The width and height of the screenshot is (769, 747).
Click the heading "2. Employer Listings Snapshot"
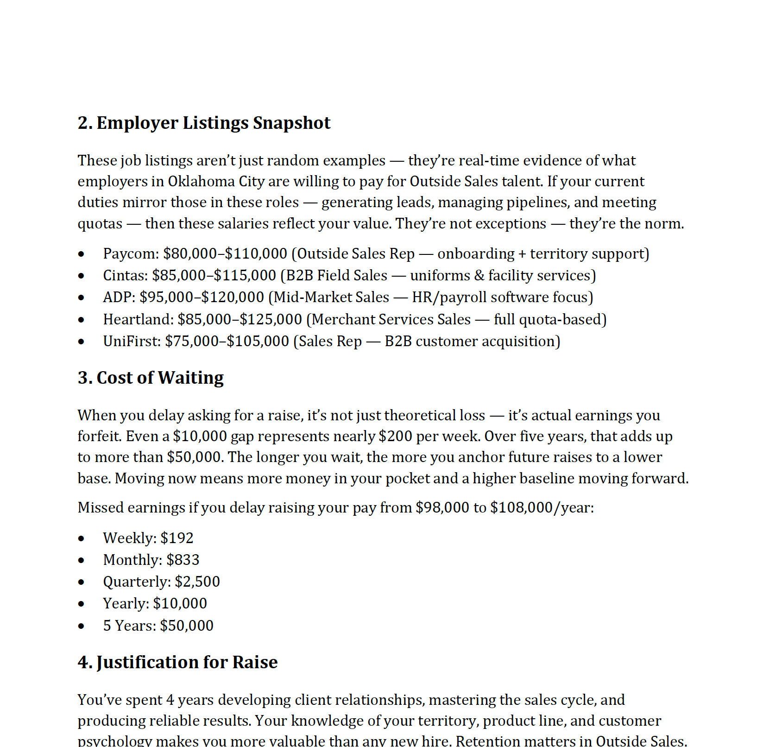pyautogui.click(x=204, y=123)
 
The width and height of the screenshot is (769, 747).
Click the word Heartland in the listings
pyautogui.click(x=138, y=319)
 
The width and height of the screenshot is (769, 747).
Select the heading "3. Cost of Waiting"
pyautogui.click(x=151, y=378)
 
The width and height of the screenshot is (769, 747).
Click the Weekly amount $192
pyautogui.click(x=177, y=538)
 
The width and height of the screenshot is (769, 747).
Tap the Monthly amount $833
pyautogui.click(x=183, y=560)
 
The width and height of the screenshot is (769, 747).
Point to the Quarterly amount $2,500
pyautogui.click(x=197, y=582)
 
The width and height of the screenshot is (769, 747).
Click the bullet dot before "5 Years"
pyautogui.click(x=82, y=626)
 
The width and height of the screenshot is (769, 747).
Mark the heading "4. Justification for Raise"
pyautogui.click(x=177, y=662)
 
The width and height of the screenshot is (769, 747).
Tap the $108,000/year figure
pyautogui.click(x=541, y=507)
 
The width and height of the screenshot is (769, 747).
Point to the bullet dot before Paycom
pyautogui.click(x=82, y=254)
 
